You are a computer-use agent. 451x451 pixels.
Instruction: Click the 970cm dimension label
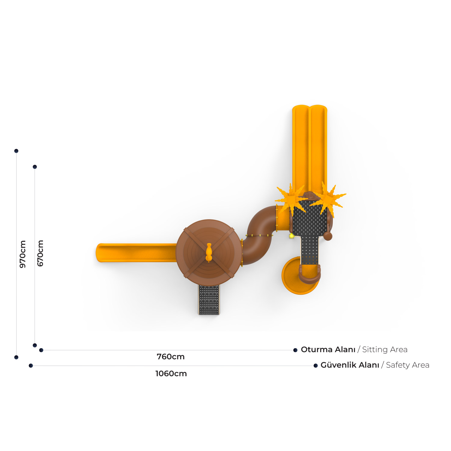(23, 254)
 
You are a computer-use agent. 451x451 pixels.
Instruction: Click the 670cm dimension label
(40, 253)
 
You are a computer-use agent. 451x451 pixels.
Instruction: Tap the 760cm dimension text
(171, 357)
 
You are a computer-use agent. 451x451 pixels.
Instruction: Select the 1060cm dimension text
(171, 373)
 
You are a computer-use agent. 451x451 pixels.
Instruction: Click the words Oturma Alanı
(328, 349)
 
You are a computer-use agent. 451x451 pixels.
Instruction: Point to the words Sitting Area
(385, 350)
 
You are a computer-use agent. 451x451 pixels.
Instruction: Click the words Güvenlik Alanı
(350, 365)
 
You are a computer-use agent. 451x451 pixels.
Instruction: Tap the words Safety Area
(408, 365)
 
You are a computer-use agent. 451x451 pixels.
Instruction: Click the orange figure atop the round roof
(209, 253)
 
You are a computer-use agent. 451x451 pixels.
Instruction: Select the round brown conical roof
(209, 253)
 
